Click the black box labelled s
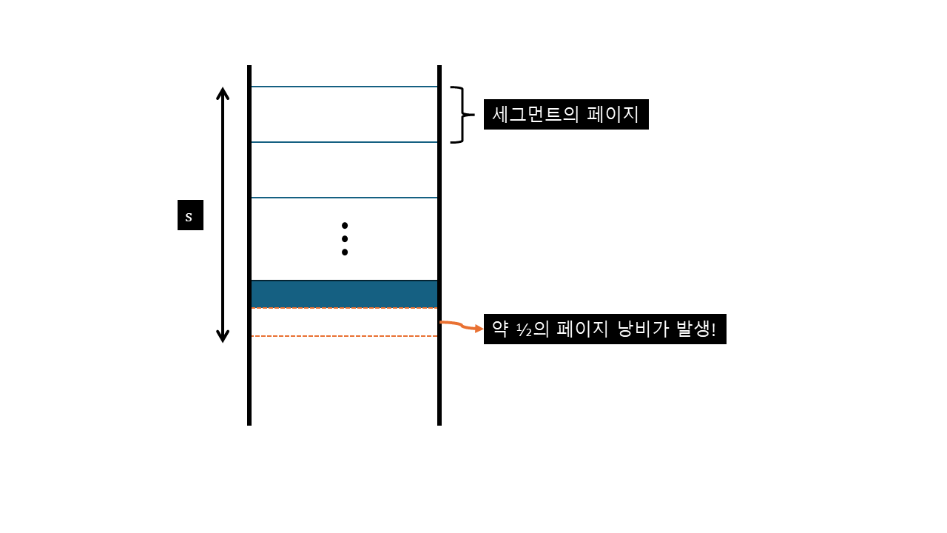190,215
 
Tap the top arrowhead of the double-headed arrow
223,92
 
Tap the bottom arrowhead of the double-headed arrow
223,338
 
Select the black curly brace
461,115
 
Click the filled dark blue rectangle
344,294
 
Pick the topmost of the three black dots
345,225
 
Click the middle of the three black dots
345,238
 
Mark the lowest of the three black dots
345,252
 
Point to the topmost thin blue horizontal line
344,87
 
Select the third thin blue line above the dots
344,198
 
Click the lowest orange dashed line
344,336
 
